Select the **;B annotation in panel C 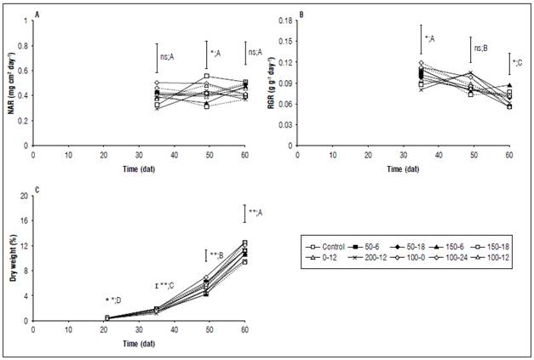tap(217, 255)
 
